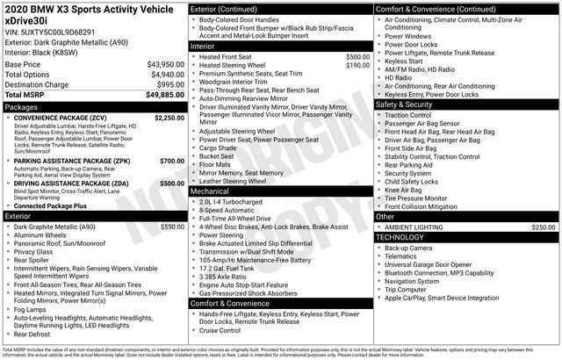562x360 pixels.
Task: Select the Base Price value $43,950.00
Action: pos(165,65)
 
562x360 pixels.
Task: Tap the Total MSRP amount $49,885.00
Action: pos(165,94)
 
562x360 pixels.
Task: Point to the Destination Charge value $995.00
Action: pos(169,84)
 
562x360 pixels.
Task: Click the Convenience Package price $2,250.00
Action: pos(169,117)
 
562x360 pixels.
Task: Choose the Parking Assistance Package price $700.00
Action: pos(172,161)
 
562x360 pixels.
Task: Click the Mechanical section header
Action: pos(210,191)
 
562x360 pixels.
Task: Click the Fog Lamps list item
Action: pos(31,309)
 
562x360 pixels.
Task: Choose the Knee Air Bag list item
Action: pos(405,190)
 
